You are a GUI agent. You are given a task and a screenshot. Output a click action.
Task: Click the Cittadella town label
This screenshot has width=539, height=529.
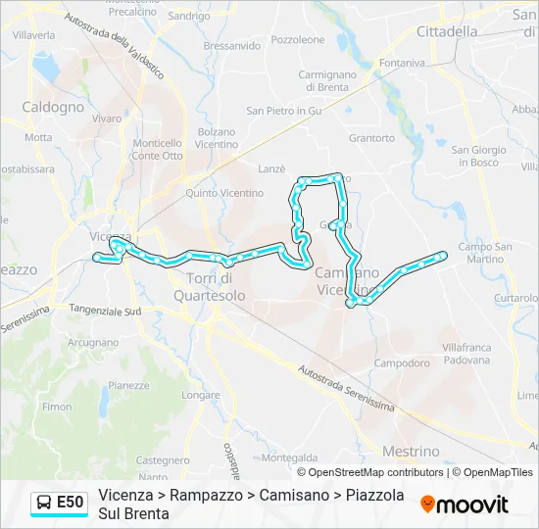(447, 31)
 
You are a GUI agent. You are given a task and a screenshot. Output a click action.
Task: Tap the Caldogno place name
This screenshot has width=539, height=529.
(53, 107)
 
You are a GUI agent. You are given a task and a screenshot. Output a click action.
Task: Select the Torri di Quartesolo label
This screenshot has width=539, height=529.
(216, 286)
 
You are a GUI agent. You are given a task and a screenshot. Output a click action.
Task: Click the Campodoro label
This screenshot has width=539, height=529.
(402, 362)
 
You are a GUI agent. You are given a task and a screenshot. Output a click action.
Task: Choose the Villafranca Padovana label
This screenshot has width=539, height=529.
(465, 354)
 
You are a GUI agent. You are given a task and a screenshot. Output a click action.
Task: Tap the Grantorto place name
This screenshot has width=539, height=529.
(371, 138)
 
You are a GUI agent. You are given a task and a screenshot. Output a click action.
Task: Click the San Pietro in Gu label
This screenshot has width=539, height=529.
(284, 111)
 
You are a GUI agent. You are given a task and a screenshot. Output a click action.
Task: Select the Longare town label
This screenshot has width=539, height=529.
(201, 396)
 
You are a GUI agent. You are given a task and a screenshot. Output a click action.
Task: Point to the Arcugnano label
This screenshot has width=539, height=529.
(93, 343)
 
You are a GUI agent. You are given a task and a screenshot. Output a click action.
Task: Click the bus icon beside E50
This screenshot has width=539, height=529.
(45, 503)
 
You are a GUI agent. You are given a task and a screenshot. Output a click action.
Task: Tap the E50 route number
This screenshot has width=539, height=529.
(71, 503)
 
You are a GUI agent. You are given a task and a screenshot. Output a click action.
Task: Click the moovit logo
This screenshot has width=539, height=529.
(465, 505)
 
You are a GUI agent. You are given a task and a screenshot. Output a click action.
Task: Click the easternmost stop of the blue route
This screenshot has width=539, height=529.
(443, 256)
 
